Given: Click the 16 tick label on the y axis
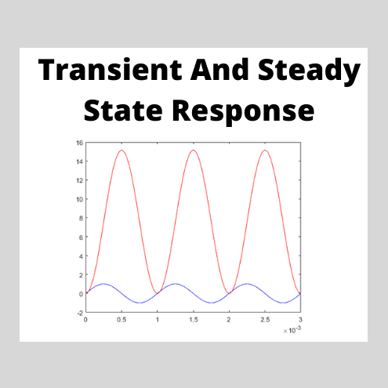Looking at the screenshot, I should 80,143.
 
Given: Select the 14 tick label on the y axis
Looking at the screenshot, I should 80,161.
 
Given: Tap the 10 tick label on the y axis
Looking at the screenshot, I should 80,199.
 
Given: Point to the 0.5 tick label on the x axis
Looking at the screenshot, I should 121,320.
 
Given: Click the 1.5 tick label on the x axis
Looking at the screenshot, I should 193,320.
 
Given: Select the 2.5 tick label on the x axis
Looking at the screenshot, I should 264,320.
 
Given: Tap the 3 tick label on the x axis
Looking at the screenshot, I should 300,320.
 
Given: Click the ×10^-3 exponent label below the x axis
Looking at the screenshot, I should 291,331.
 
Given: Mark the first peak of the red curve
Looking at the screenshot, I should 121,150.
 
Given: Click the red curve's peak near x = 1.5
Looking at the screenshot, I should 193,150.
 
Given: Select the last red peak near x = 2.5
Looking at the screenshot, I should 264,150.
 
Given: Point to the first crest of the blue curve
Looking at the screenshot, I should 103,284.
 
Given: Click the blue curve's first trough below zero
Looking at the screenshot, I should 140,303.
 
